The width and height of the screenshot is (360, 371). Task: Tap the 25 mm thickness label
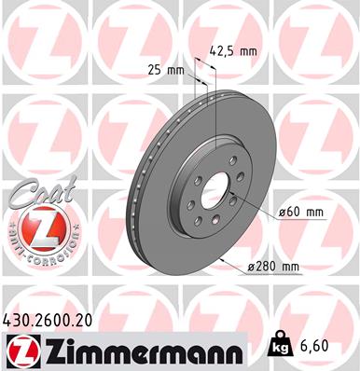pos(166,68)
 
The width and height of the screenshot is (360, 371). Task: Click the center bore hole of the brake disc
pos(216,195)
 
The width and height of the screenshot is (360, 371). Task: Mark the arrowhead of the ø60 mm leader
pos(229,192)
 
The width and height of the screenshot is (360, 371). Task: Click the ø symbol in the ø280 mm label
pos(252,268)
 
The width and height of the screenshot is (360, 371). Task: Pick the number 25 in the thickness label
pos(154,68)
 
